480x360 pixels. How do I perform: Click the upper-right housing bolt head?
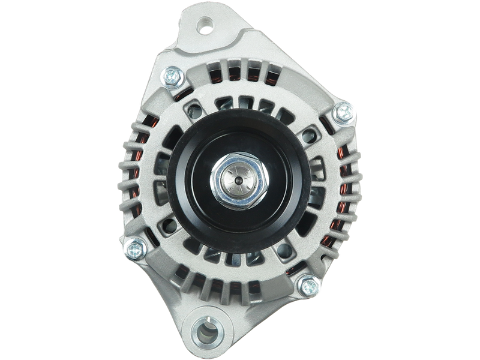(344, 110)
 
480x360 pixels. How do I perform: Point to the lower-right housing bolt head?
(307, 282)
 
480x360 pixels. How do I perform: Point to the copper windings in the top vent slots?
(240, 72)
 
